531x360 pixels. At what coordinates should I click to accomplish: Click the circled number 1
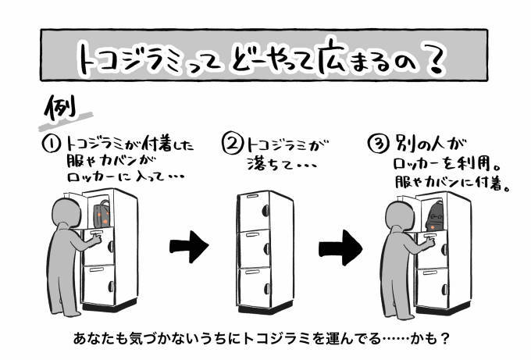[52, 145]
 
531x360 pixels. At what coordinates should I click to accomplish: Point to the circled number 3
[376, 145]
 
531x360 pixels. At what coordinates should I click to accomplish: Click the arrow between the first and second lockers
[189, 247]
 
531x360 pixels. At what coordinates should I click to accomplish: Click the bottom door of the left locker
[100, 286]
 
